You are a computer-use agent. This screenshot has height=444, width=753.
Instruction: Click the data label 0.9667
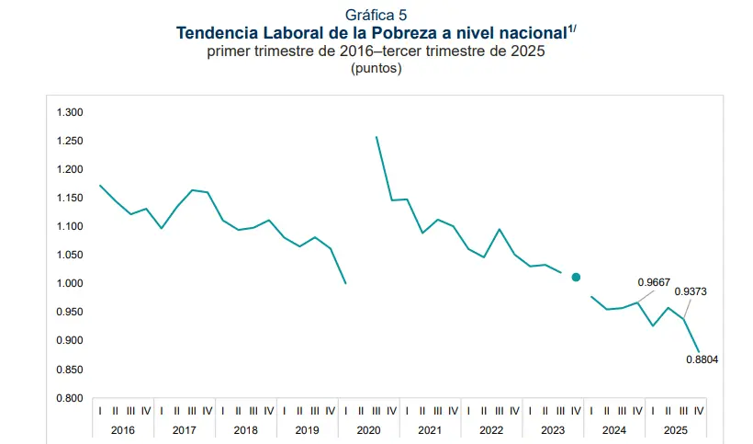click(x=654, y=282)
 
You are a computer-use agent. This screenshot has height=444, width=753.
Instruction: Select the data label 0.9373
click(x=690, y=292)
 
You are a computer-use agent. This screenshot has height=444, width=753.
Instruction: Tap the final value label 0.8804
click(x=702, y=359)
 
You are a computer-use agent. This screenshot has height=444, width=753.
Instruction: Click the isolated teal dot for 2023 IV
click(x=577, y=277)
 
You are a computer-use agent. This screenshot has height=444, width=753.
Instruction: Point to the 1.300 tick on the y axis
click(x=70, y=113)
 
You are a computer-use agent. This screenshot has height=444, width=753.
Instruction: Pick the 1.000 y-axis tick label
click(x=70, y=284)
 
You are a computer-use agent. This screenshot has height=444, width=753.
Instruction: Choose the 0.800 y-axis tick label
click(x=70, y=398)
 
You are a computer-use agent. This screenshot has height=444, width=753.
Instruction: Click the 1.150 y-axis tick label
click(x=70, y=199)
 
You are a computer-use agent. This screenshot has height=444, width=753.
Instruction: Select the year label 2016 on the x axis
click(x=123, y=430)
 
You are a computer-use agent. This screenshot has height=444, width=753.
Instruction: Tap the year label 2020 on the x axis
click(x=368, y=430)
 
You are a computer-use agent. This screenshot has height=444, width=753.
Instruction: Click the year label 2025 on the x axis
click(x=676, y=430)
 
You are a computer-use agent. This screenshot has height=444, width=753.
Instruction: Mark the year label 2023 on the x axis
click(x=553, y=430)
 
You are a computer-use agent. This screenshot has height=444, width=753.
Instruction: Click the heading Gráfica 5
click(x=376, y=16)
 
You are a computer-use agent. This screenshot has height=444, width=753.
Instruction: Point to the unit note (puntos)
click(x=376, y=68)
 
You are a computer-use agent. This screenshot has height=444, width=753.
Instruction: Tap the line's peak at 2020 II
click(x=376, y=137)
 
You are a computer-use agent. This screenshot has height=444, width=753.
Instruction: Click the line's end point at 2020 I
click(x=345, y=283)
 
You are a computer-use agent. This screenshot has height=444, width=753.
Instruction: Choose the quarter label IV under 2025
click(x=699, y=411)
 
